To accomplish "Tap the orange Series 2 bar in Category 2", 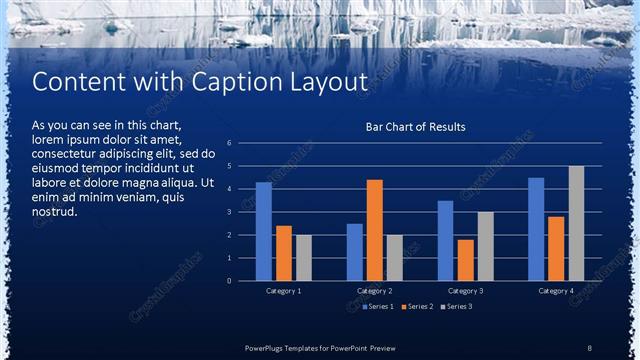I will [375, 230].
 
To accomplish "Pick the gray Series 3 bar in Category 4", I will [576, 223].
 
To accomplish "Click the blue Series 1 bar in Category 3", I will [446, 240].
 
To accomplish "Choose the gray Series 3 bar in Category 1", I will [304, 257].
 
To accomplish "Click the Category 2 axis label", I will [375, 290].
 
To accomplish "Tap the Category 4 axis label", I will [556, 290].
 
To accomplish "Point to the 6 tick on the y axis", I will [230, 143].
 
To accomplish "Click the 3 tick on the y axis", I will [230, 212].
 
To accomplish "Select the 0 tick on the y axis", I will [230, 281].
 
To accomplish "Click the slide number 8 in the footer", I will [590, 347].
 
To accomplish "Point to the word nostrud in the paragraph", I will [54, 212].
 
